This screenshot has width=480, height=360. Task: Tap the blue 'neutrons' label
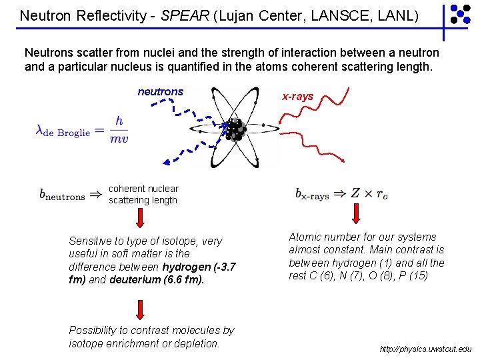click(160, 91)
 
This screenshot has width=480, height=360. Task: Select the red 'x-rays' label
click(297, 97)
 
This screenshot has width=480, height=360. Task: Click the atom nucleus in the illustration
click(234, 129)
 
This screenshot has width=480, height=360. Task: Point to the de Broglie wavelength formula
click(81, 129)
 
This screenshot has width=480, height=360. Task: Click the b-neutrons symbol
click(62, 195)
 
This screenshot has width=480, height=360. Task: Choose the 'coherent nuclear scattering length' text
click(143, 194)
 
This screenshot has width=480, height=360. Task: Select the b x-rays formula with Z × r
click(341, 194)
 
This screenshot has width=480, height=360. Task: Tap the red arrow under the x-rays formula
click(355, 213)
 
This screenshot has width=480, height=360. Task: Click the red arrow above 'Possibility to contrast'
click(141, 309)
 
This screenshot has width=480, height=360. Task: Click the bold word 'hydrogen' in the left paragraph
click(183, 267)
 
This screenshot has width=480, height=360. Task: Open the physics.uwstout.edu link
click(425, 349)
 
